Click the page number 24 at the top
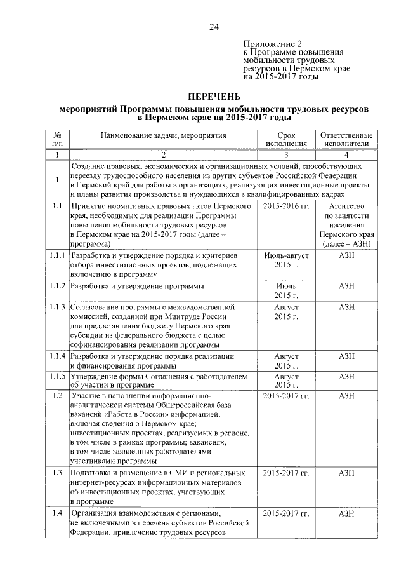click(214, 26)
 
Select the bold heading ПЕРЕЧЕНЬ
click(214, 96)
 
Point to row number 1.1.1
click(57, 255)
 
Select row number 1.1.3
click(57, 308)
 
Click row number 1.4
click(57, 513)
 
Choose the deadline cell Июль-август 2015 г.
click(286, 259)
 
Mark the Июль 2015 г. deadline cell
click(286, 290)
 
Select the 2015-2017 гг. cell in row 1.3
click(286, 473)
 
